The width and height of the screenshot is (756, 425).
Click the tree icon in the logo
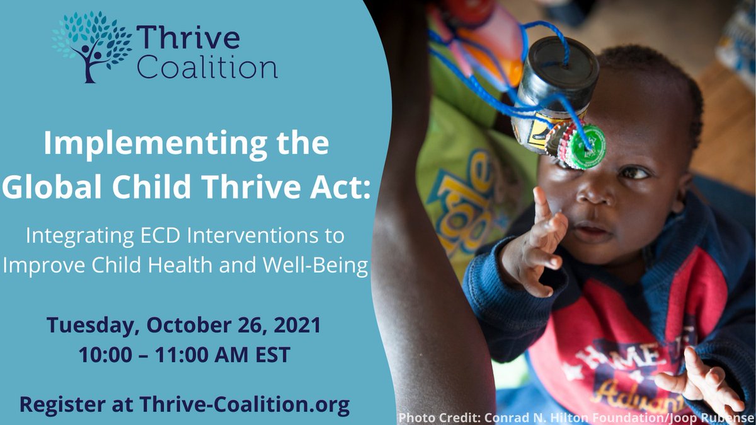point(89,45)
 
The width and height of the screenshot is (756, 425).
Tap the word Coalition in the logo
point(207,67)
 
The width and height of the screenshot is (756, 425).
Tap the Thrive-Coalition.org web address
point(244,404)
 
